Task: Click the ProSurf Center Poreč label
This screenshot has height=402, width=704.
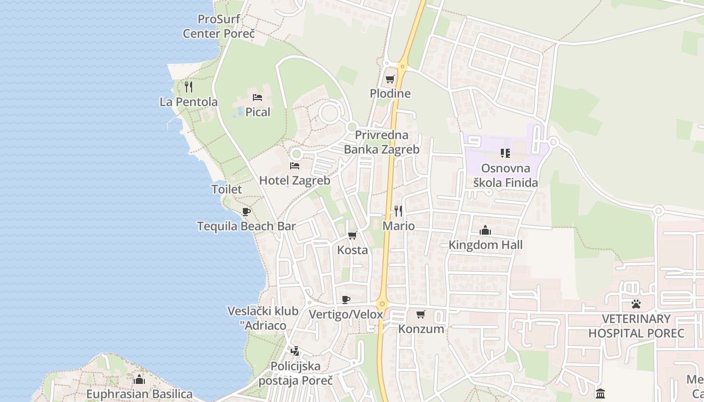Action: pyautogui.click(x=219, y=27)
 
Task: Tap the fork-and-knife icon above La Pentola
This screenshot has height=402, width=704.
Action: pyautogui.click(x=189, y=87)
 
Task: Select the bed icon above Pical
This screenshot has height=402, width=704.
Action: pyautogui.click(x=257, y=97)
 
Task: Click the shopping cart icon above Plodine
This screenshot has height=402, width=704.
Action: pyautogui.click(x=390, y=79)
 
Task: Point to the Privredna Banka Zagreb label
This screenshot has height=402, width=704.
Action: pyautogui.click(x=382, y=142)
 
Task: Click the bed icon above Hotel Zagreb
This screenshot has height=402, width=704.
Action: pyautogui.click(x=295, y=165)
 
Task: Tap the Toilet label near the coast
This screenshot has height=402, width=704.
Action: pyautogui.click(x=227, y=189)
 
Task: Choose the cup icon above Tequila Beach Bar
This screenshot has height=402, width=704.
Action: pyautogui.click(x=246, y=212)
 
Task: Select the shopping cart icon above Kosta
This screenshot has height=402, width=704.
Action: pyautogui.click(x=353, y=235)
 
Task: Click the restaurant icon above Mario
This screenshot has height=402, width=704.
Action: pyautogui.click(x=398, y=211)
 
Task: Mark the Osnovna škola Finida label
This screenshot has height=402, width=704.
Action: pyautogui.click(x=506, y=175)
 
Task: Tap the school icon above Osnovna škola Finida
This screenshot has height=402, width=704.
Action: pyautogui.click(x=505, y=153)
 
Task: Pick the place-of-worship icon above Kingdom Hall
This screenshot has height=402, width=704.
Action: pyautogui.click(x=485, y=230)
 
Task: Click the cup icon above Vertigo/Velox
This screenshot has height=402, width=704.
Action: pyautogui.click(x=346, y=299)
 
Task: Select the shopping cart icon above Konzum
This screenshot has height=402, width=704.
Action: pyautogui.click(x=421, y=314)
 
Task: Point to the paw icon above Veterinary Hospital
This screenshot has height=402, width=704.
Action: pyautogui.click(x=636, y=304)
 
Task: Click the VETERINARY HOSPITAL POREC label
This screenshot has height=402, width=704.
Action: pyautogui.click(x=636, y=326)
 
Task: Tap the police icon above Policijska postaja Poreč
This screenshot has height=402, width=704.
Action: pyautogui.click(x=295, y=351)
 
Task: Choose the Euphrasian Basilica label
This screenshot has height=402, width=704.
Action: pyautogui.click(x=139, y=394)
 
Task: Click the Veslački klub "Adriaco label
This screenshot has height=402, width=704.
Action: pyautogui.click(x=263, y=319)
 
